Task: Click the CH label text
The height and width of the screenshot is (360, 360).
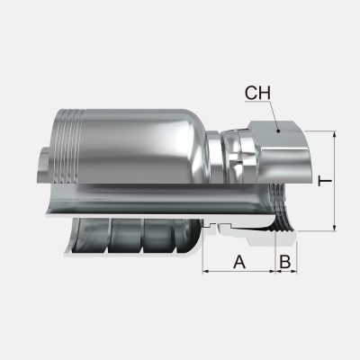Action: (x=257, y=92)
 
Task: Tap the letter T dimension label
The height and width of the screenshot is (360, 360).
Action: (x=326, y=181)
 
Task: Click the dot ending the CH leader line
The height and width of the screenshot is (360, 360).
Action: (x=280, y=130)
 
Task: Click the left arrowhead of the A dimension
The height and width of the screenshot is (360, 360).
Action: (x=206, y=271)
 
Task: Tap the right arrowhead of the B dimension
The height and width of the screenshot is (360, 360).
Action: (x=294, y=271)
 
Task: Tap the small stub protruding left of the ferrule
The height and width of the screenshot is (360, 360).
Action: (x=46, y=166)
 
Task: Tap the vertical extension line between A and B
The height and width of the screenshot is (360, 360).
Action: (x=274, y=256)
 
